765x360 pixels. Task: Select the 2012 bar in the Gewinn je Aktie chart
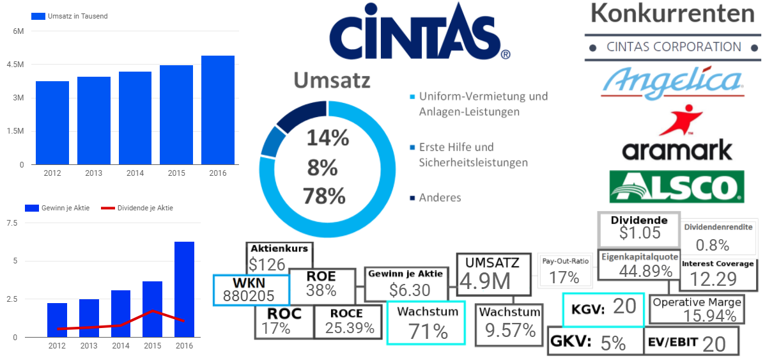pos(57,320)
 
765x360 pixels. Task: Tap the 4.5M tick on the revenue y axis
pos(17,65)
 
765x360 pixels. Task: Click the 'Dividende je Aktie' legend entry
pos(144,208)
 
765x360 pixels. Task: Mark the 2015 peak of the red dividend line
pos(152,311)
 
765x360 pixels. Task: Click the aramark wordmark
pos(677,150)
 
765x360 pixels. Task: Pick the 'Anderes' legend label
pos(440,198)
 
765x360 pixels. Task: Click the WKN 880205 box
pos(251,290)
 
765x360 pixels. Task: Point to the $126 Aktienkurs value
pos(267,263)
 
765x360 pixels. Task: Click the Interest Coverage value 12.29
pos(713,279)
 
